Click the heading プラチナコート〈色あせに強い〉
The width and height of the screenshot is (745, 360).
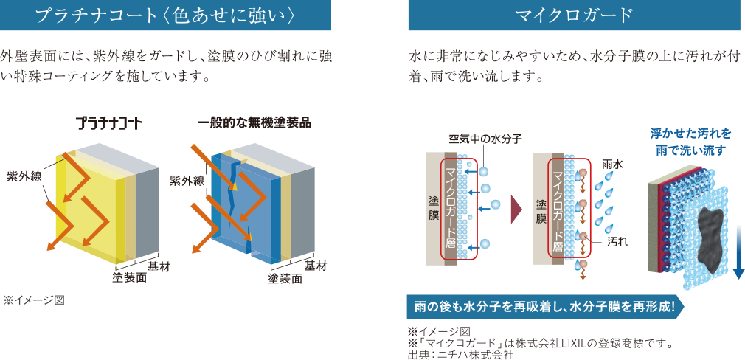click(166, 15)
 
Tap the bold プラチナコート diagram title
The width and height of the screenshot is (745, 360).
click(109, 125)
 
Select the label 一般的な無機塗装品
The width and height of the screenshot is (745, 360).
click(254, 123)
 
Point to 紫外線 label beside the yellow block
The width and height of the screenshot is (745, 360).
click(24, 176)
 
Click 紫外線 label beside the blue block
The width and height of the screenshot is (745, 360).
click(187, 181)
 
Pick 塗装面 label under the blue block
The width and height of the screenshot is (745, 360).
click(285, 278)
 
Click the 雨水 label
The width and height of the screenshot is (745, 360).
click(612, 164)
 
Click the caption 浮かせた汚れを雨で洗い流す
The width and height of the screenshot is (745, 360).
click(690, 142)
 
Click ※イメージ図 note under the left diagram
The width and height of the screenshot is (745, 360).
click(34, 300)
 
